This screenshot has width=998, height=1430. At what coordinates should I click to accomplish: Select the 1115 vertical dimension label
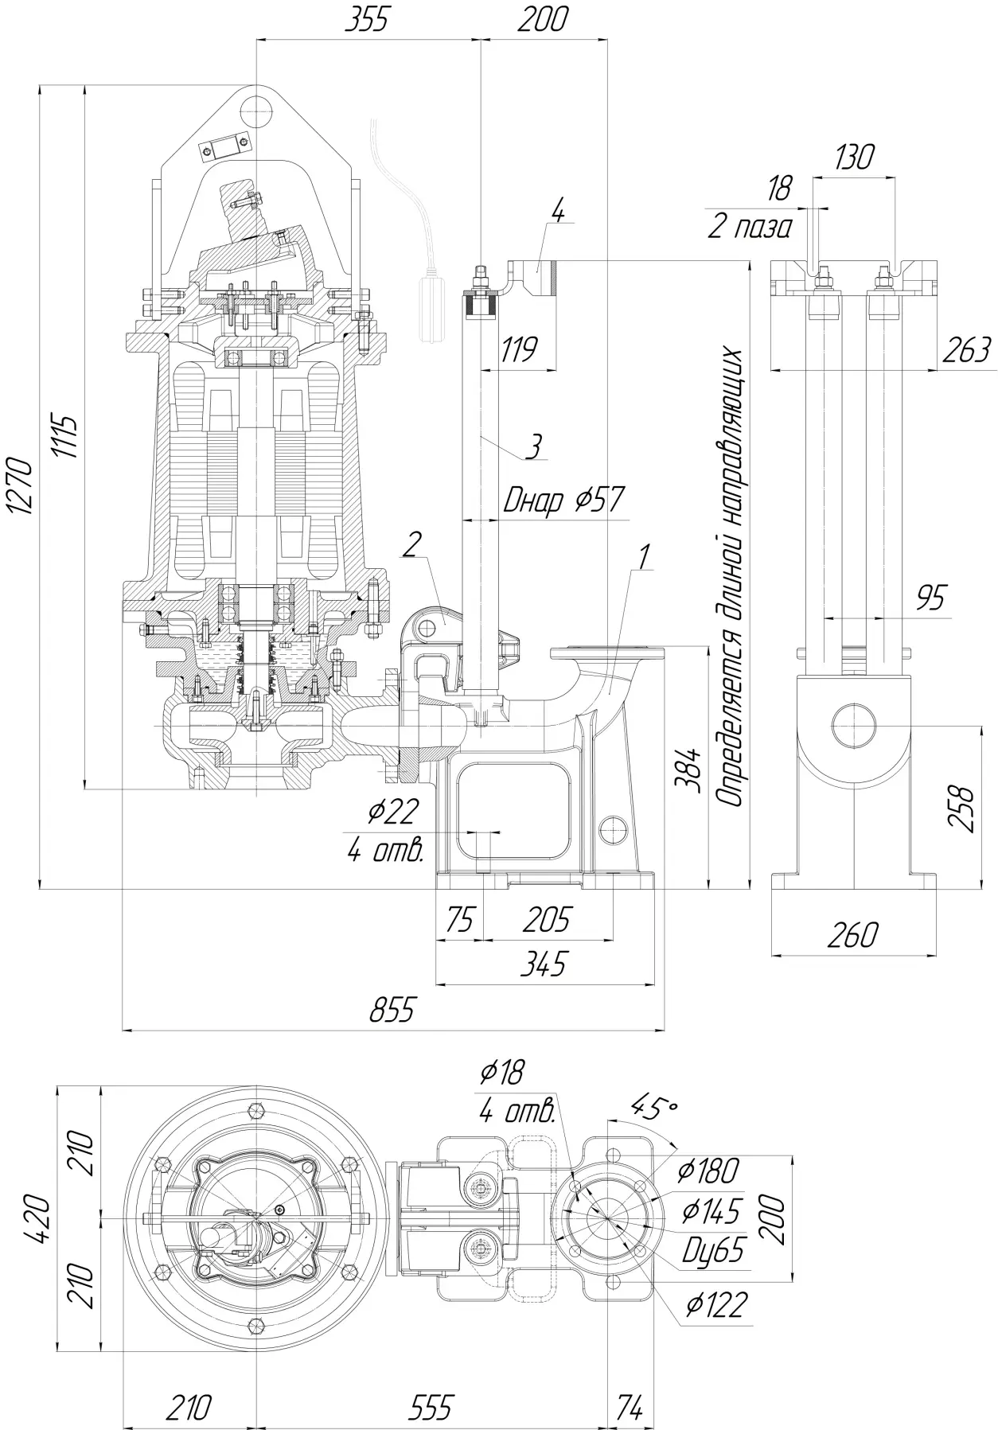(66, 436)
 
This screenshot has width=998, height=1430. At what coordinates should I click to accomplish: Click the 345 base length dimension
(544, 964)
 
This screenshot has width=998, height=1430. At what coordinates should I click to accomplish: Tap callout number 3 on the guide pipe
(535, 446)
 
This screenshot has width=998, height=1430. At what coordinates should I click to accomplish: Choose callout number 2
(411, 545)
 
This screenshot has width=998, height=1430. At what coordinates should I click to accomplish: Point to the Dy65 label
(714, 1250)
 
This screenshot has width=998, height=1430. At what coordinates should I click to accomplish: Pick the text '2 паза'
(750, 228)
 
